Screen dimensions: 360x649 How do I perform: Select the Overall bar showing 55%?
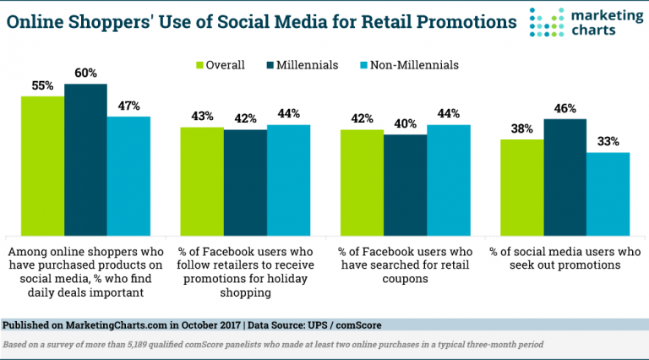pos(43,166)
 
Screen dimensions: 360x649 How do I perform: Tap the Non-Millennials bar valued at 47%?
pos(128,176)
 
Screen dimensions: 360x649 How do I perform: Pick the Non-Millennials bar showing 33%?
pos(608,194)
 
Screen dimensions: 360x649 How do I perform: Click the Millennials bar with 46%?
pos(565,177)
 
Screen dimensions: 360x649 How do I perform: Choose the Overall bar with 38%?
pos(522,187)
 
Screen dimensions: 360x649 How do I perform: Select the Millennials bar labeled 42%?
pos(245,182)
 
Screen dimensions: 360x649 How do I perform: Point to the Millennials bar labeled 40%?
pos(405,184)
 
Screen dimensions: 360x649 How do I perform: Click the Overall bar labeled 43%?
pos(202,181)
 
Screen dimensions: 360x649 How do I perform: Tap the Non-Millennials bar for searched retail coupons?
pos(448,180)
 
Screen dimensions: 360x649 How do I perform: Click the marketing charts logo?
pos(583,23)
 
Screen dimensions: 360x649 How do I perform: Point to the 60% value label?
pos(85,74)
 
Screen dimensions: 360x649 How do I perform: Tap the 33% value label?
pos(608,142)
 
